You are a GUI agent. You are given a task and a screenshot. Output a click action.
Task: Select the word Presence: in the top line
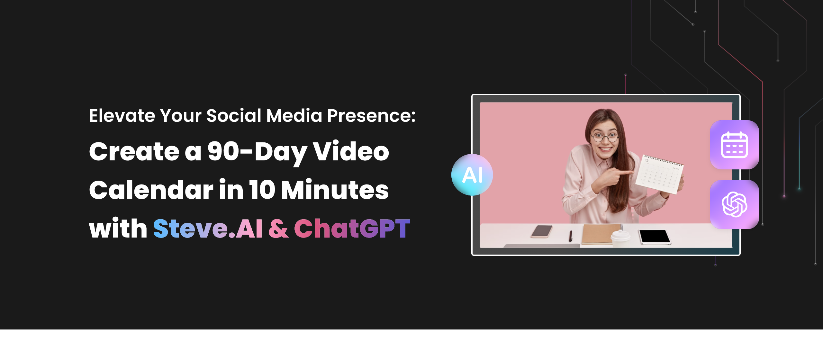click(371, 116)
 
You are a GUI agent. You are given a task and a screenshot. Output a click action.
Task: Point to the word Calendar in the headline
click(151, 190)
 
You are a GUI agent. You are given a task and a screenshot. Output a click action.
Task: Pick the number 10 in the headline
click(262, 190)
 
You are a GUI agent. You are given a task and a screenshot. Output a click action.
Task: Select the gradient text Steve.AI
click(208, 229)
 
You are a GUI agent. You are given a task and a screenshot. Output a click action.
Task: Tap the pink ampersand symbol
click(278, 229)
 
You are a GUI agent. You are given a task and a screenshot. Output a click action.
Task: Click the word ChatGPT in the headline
click(352, 229)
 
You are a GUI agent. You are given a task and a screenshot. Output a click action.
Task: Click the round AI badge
click(472, 175)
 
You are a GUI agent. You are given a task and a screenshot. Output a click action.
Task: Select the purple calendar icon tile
click(734, 145)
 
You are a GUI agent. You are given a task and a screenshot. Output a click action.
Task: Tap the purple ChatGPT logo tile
click(734, 204)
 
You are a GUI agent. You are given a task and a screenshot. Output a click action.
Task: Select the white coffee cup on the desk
click(620, 238)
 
